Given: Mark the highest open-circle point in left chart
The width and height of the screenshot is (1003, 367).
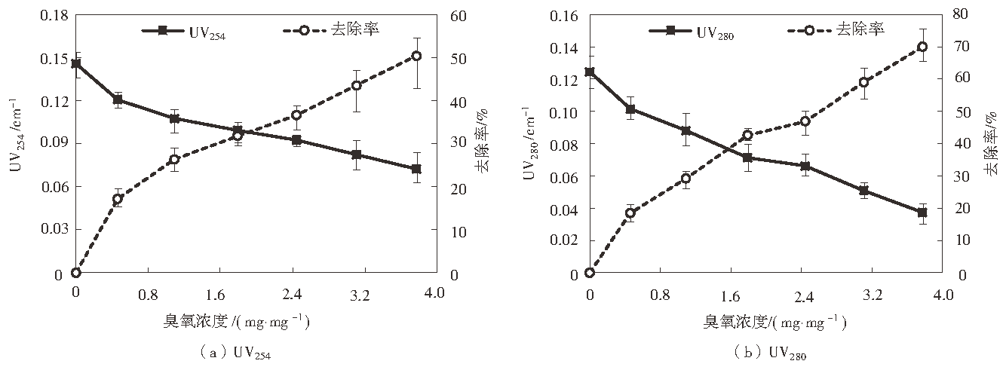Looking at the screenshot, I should point(416,56).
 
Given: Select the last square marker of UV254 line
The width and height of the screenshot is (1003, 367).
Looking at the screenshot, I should point(416,169).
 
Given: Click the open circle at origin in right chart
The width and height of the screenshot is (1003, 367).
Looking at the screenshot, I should point(589,273).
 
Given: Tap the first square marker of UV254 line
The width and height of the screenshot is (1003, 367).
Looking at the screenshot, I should point(76,64).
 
